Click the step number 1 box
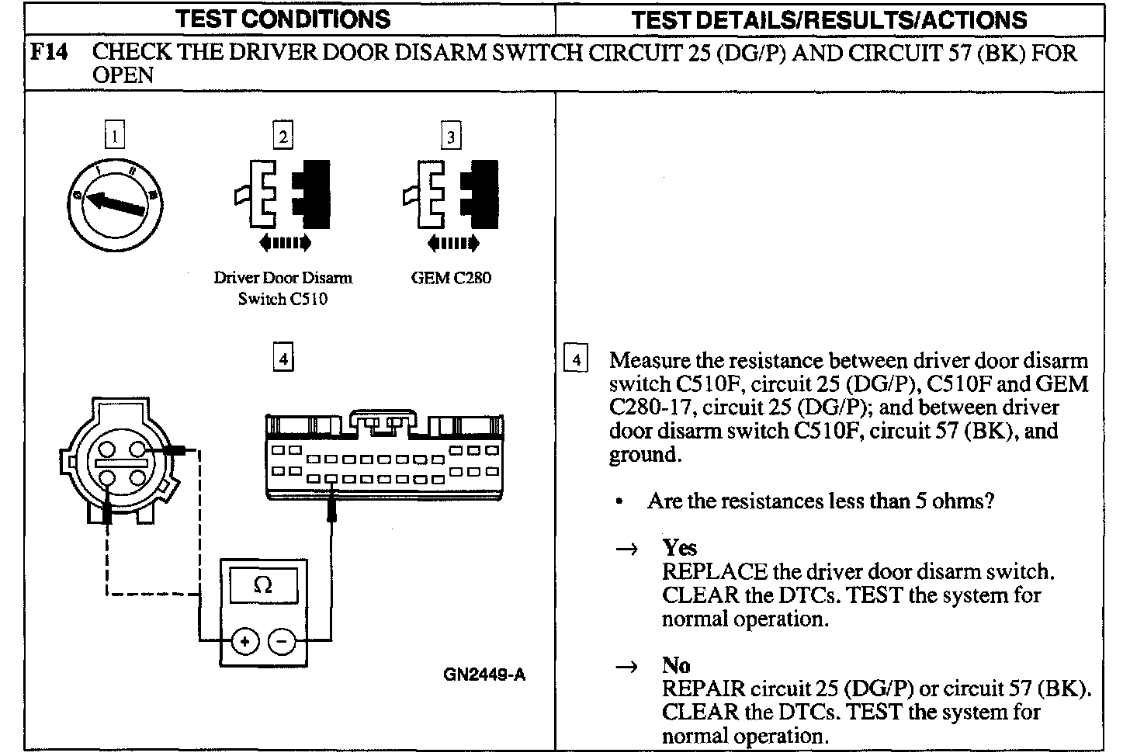pyautogui.click(x=114, y=137)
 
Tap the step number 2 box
pyautogui.click(x=283, y=137)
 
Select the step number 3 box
pyautogui.click(x=451, y=137)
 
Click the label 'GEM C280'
pyautogui.click(x=451, y=278)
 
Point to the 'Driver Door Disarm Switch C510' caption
pyautogui.click(x=283, y=288)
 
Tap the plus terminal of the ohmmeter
pyautogui.click(x=245, y=642)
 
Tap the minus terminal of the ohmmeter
pyautogui.click(x=282, y=642)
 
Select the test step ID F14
pyautogui.click(x=49, y=53)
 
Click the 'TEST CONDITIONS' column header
pyautogui.click(x=282, y=19)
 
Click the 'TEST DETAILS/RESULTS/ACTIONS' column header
pyautogui.click(x=829, y=19)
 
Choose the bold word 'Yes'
pyautogui.click(x=679, y=548)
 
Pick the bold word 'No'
pyautogui.click(x=675, y=665)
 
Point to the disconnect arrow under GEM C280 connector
pyautogui.click(x=453, y=244)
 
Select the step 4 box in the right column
pyautogui.click(x=575, y=360)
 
